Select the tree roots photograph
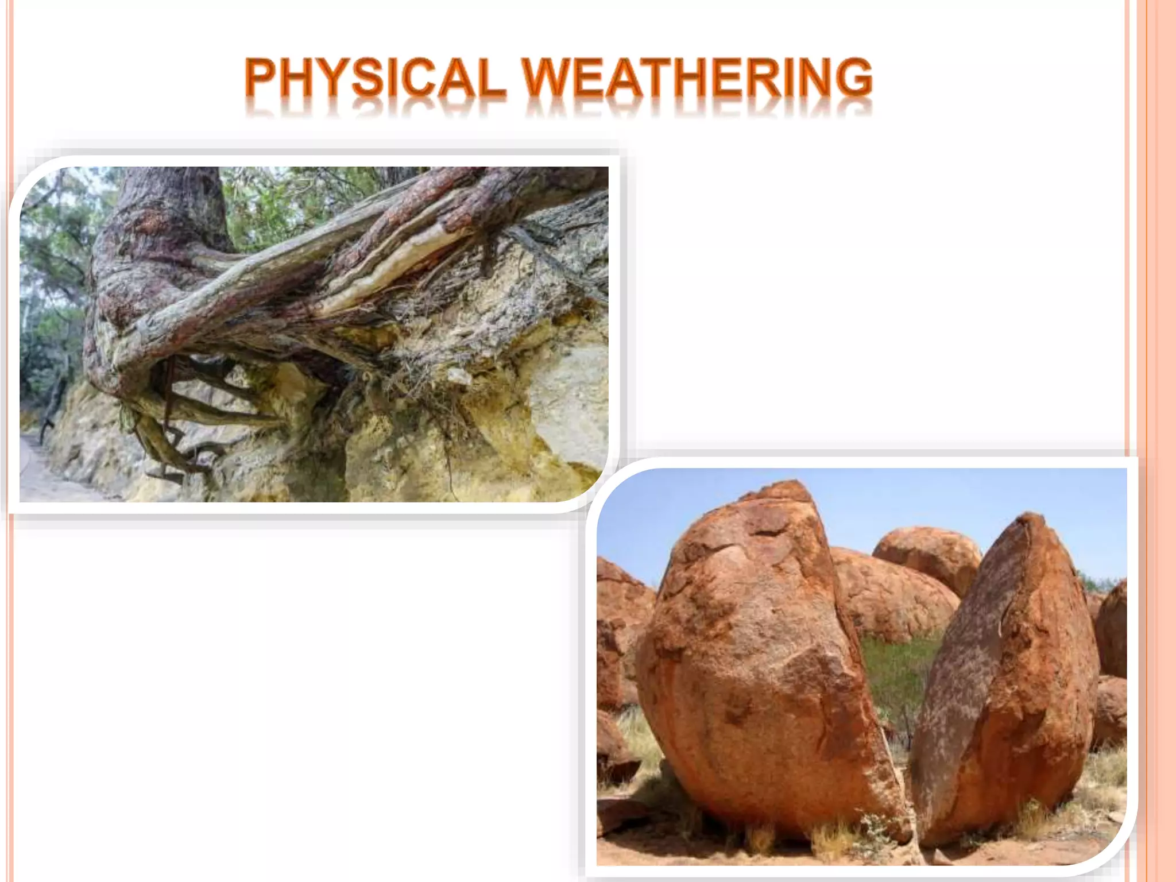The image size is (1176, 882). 314,334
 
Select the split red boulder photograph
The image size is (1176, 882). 861,666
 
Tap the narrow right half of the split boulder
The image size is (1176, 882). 1011,678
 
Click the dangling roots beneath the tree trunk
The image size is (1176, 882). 167,425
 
